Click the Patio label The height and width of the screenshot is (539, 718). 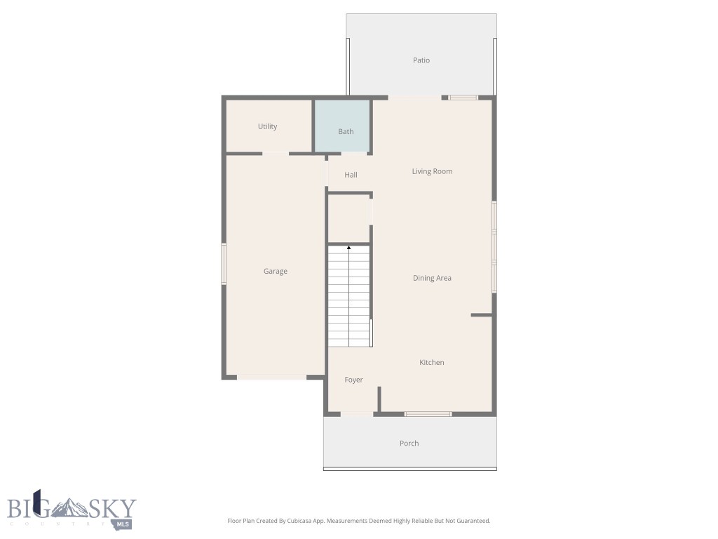pos(421,60)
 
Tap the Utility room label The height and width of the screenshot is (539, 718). pos(267,126)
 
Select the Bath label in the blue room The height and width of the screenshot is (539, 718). pos(346,131)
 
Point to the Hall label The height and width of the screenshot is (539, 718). pos(351,175)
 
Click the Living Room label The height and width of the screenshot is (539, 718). pos(432,171)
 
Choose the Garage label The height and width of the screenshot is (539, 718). pos(276,272)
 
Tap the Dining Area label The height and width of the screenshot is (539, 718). pos(432,278)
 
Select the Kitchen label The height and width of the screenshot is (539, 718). pos(432,362)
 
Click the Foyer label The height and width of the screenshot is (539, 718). pos(353,380)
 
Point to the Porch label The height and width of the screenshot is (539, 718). pos(409,443)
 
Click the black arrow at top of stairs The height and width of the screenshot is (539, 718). pos(349,248)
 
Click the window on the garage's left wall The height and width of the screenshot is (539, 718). pos(224,263)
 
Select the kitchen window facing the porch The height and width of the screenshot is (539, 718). pos(428,414)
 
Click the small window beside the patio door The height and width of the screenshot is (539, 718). pos(463,98)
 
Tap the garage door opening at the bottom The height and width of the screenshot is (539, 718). pos(271,378)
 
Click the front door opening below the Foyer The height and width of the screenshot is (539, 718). pos(357,414)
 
